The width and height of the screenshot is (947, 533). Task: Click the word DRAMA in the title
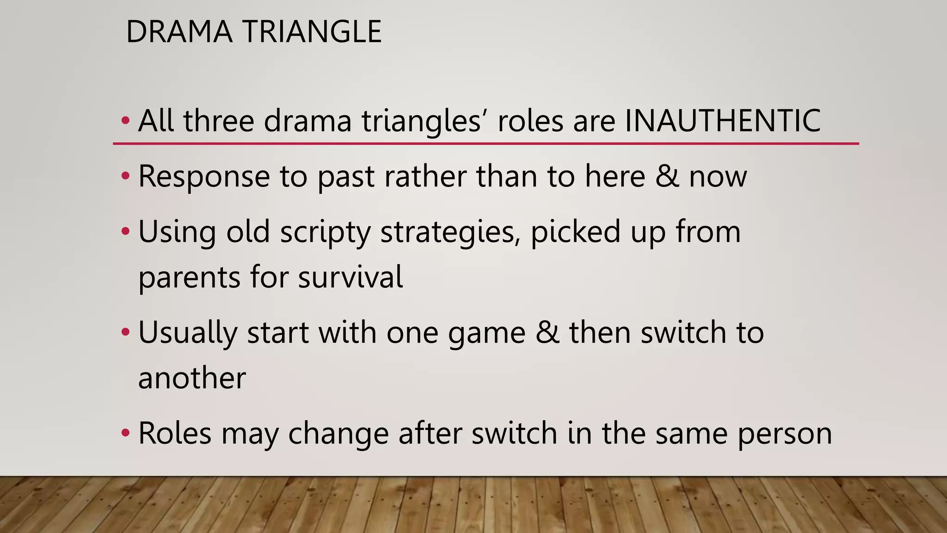click(179, 32)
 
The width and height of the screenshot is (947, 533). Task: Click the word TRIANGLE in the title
click(312, 32)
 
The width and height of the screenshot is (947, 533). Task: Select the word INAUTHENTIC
click(723, 121)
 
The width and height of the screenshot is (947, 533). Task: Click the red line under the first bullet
click(486, 144)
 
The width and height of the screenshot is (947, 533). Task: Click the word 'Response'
click(204, 176)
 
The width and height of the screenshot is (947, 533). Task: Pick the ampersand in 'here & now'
click(667, 176)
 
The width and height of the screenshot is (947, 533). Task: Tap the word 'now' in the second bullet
click(718, 177)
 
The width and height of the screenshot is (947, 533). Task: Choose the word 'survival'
click(350, 277)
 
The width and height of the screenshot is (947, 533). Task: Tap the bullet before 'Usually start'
click(125, 332)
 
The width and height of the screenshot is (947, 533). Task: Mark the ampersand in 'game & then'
click(547, 332)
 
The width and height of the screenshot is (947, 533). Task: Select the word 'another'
click(192, 378)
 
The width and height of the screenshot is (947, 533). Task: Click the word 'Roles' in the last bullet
click(175, 434)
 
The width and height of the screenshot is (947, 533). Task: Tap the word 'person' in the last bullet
click(785, 434)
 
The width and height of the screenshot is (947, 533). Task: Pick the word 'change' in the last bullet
click(338, 434)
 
